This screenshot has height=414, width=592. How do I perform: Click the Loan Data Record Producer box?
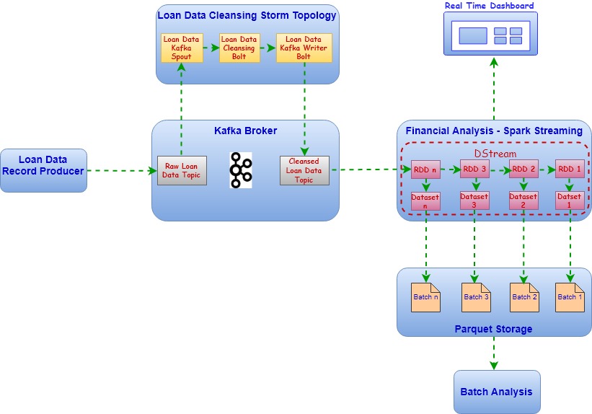(43, 171)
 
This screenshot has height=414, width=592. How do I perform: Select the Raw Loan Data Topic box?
(182, 170)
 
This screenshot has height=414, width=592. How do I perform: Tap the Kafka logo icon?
(241, 170)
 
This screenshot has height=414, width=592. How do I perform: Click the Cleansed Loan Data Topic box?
(304, 170)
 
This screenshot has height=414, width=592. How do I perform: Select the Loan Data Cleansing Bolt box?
(238, 48)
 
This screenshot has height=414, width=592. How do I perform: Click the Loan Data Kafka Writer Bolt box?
(304, 48)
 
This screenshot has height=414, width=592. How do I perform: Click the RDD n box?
(425, 170)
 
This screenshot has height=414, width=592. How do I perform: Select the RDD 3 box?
(474, 170)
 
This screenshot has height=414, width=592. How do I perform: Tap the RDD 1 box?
(570, 170)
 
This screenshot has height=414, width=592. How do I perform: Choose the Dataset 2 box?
(523, 201)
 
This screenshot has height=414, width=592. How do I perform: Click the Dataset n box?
(425, 201)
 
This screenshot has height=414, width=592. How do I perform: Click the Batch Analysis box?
(496, 392)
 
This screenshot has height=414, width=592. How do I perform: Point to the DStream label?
(495, 154)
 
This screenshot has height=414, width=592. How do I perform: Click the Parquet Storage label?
(493, 329)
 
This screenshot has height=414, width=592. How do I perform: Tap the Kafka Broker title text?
(245, 131)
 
